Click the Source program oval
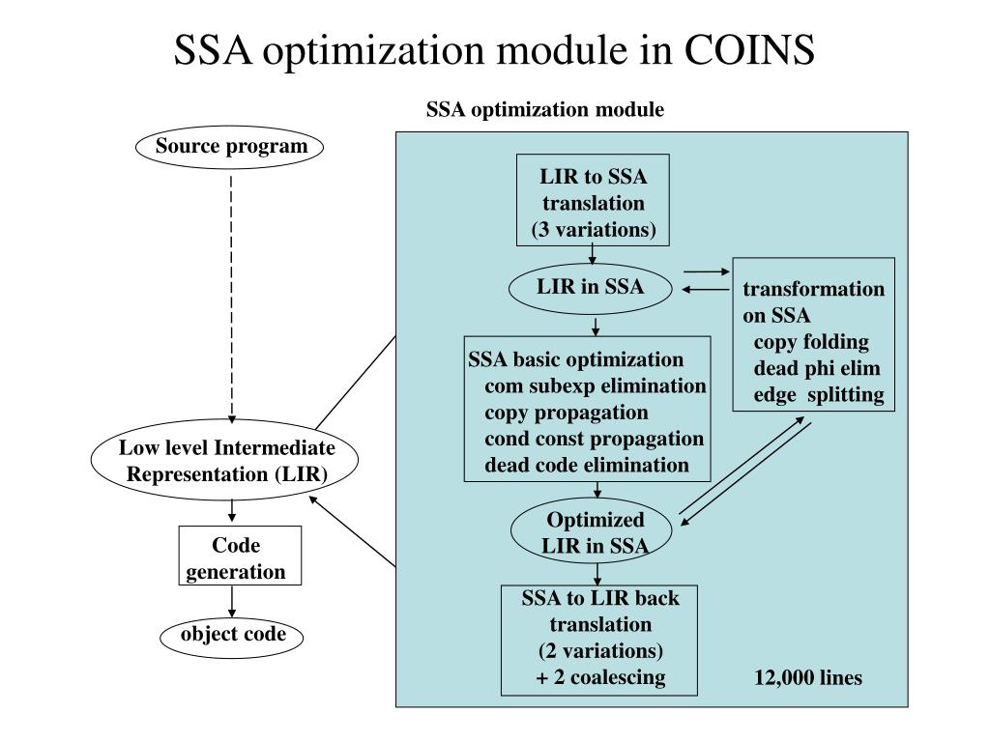pyautogui.click(x=231, y=148)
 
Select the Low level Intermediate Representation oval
pyautogui.click(x=228, y=462)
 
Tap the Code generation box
pyautogui.click(x=236, y=557)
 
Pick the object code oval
pyautogui.click(x=233, y=635)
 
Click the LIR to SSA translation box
pyautogui.click(x=593, y=203)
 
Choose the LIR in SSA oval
pyautogui.click(x=591, y=286)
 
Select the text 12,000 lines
pyautogui.click(x=807, y=678)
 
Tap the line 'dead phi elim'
pyautogui.click(x=817, y=368)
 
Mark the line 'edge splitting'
pyautogui.click(x=819, y=394)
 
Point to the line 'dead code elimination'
pyautogui.click(x=587, y=465)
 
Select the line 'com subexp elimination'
pyautogui.click(x=595, y=386)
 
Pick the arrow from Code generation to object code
pyautogui.click(x=233, y=603)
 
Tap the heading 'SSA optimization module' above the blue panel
pyautogui.click(x=545, y=110)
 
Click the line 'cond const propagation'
pyautogui.click(x=594, y=439)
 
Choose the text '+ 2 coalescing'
pyautogui.click(x=600, y=677)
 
